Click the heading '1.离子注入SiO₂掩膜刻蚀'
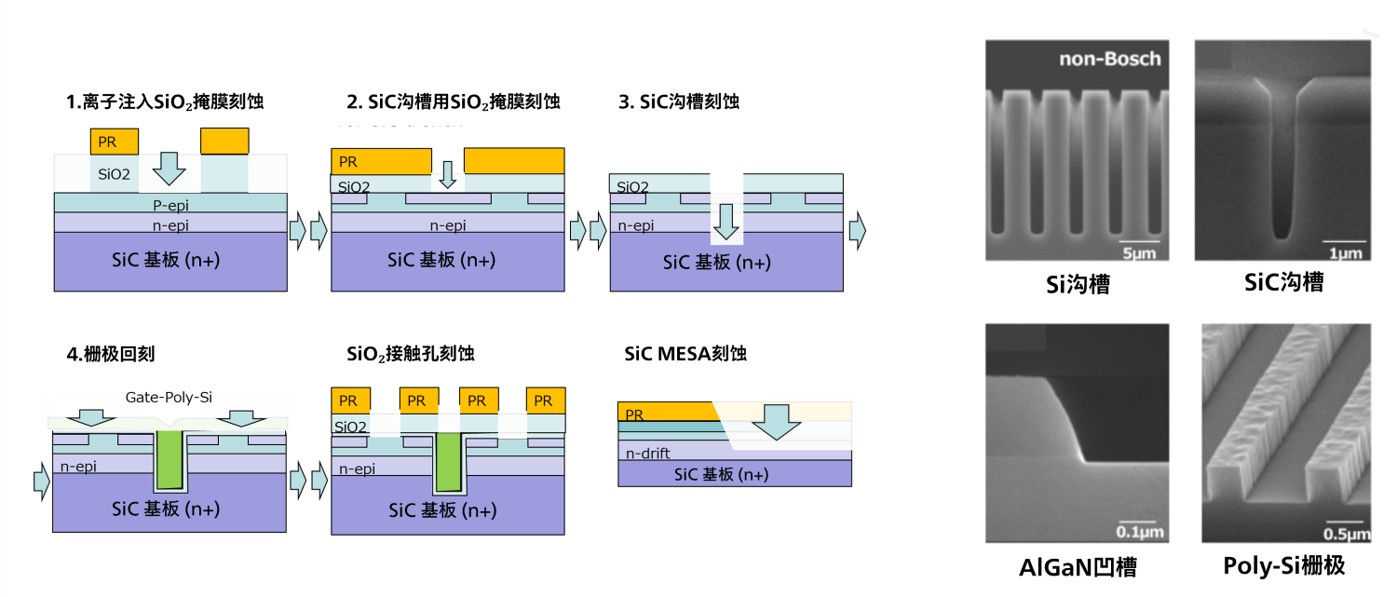pos(165,102)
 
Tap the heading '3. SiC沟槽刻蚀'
pos(679,102)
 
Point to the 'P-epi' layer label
pos(170,203)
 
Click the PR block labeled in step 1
pos(114,142)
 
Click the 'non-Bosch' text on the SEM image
pos(1110,60)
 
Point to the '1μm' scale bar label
pos(1346,251)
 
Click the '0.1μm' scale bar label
pos(1140,532)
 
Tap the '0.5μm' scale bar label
pos(1346,533)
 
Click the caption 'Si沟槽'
pos(1077,284)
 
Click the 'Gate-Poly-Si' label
pos(169,398)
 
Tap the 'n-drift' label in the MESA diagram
pos(648,455)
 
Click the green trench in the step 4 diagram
pos(170,461)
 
